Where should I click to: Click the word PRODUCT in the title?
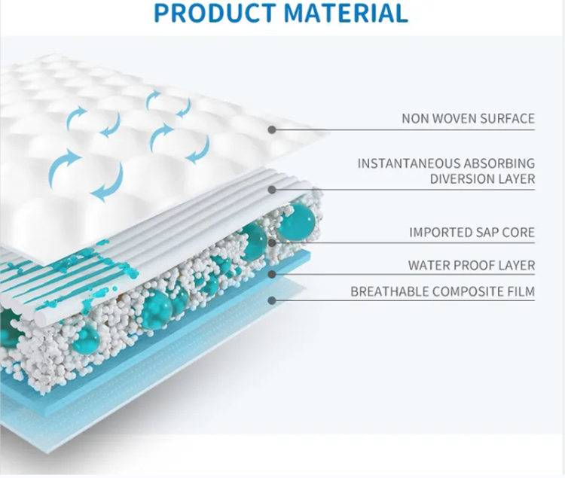pos(215,14)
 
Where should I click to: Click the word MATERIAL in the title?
pos(346,14)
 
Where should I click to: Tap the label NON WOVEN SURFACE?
pos(468,118)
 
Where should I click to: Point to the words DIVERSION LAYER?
pos(482,179)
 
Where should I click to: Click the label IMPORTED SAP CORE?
pos(472,233)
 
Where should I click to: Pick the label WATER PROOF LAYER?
pos(472,266)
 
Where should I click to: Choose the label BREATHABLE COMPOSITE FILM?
pos(443,291)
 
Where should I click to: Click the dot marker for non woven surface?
pos(272,129)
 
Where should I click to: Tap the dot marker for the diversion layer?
pos(272,190)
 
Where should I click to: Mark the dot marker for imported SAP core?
pos(272,243)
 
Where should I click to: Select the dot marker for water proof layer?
pos(272,275)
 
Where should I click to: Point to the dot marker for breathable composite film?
pos(272,300)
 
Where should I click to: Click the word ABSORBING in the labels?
pos(499,163)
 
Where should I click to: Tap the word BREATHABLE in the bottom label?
pos(389,291)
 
